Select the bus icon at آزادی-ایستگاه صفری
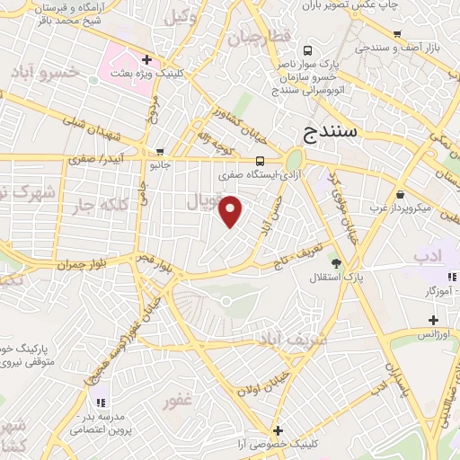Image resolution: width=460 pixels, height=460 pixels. coord(261,162)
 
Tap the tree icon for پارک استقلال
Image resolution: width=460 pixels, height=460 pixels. coord(336,263)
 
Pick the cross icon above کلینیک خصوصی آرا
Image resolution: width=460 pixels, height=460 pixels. coord(278,430)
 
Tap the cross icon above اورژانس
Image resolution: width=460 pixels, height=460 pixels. coord(433,319)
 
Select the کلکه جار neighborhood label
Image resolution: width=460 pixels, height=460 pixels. coord(97,205)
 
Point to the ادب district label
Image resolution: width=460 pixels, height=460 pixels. coord(429,257)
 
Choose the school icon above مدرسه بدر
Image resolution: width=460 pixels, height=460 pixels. coord(101,401)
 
